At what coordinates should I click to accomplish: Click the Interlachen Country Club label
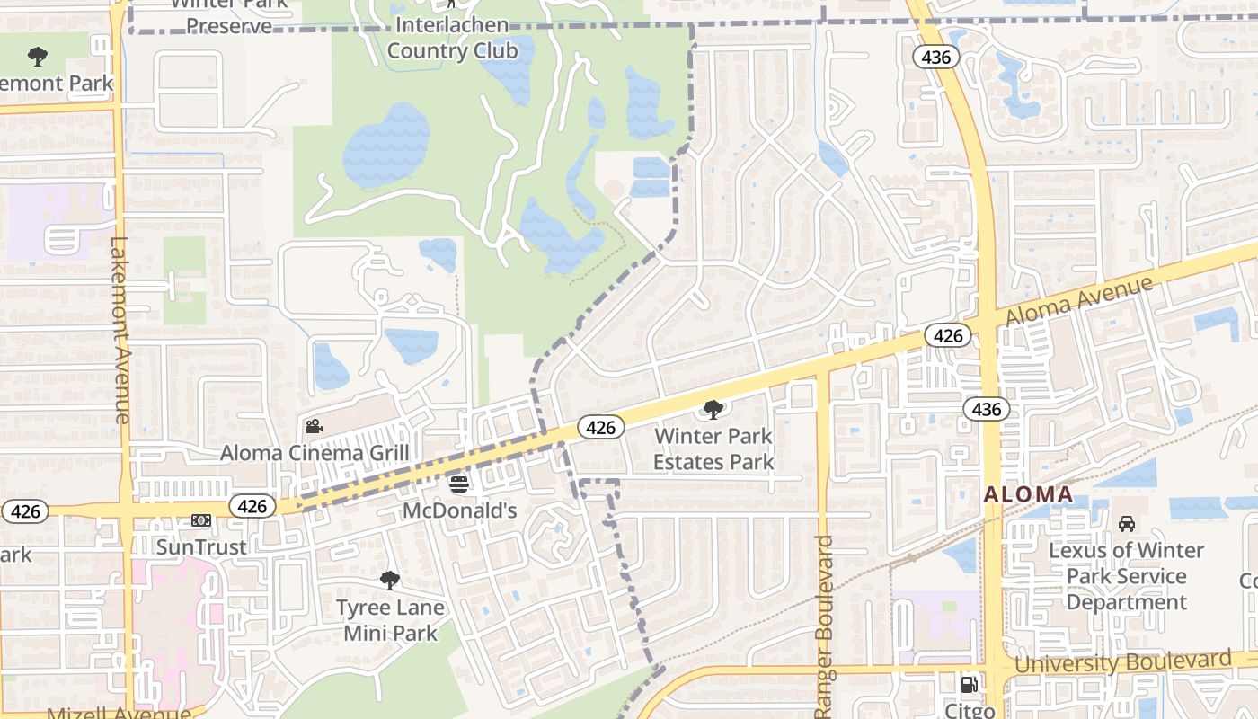pos(452,38)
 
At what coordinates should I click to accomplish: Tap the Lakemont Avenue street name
pos(120,330)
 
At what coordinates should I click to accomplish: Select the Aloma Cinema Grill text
pos(314,453)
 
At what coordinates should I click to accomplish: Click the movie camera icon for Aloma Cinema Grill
pos(314,427)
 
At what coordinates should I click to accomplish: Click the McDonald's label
pos(459,510)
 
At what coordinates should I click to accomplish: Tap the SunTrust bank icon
pos(201,520)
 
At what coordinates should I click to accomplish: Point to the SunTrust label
pos(201,546)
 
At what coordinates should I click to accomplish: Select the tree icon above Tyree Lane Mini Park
pos(389,581)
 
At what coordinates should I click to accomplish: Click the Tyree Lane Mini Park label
pos(390,620)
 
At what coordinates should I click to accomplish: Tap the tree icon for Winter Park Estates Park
pos(713,411)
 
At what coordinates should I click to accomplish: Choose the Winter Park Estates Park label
pos(713,449)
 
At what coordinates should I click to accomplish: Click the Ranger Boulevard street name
pos(825,626)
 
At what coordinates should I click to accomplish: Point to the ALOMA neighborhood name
pos(1028,494)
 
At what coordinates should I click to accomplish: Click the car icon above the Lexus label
pos(1126,523)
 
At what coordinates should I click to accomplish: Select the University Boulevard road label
pos(1123,662)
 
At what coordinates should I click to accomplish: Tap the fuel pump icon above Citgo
pos(970,685)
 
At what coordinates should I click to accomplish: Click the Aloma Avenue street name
pos(1078,302)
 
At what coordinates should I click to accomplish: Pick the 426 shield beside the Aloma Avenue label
pos(948,336)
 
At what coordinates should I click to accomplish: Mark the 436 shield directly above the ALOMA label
pos(987,410)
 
